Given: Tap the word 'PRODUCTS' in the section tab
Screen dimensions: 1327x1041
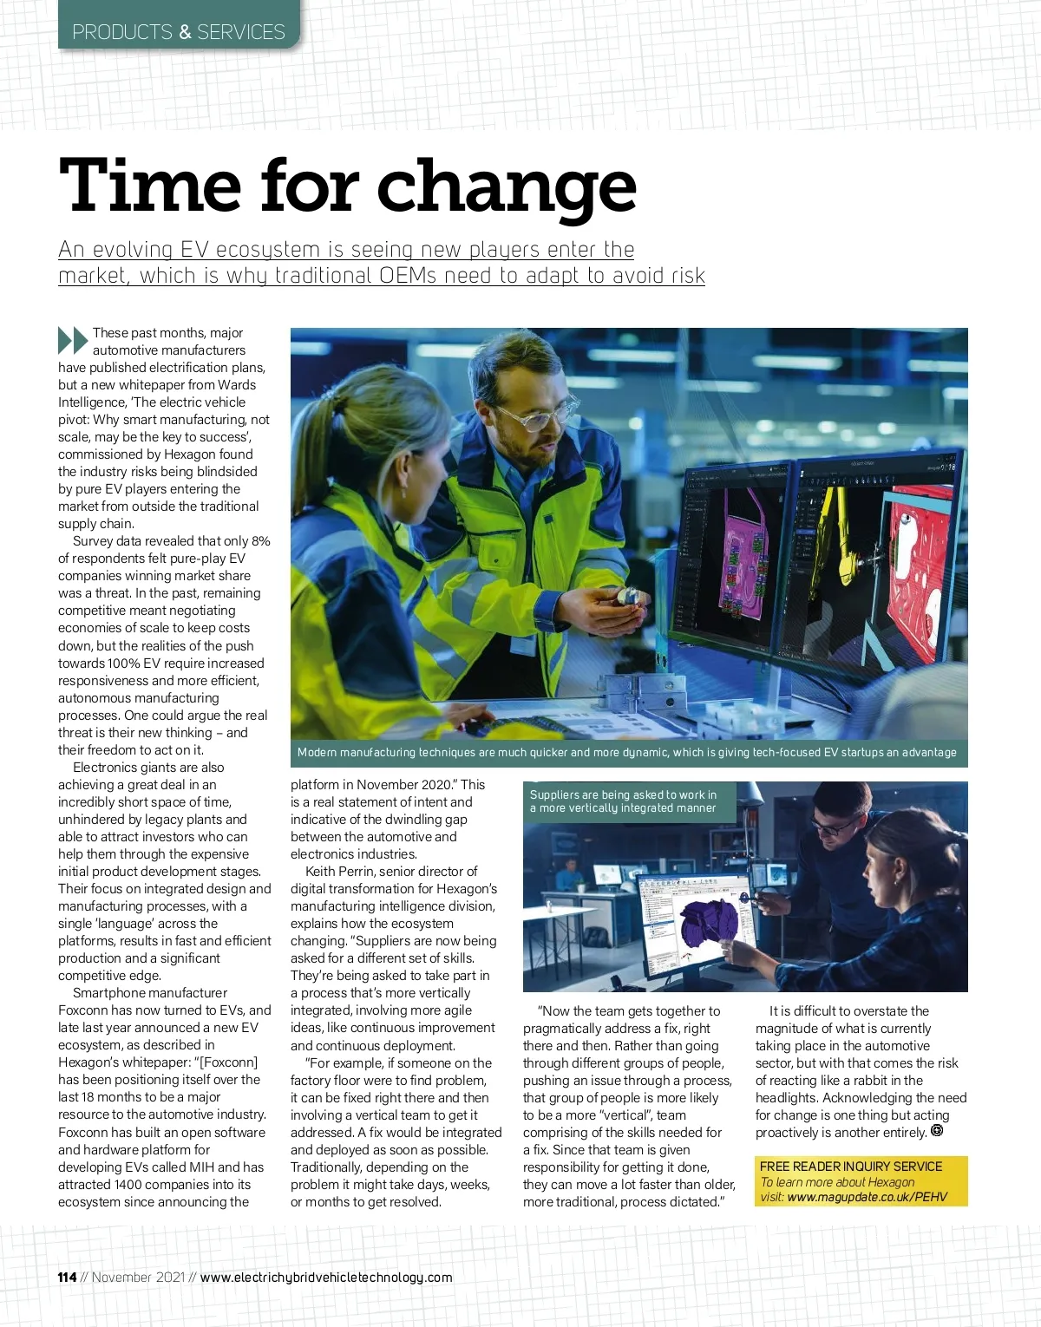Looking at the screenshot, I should tap(122, 32).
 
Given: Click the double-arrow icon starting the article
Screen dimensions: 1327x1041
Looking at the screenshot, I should tap(73, 340).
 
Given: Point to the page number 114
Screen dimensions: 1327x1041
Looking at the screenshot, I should tap(67, 1277).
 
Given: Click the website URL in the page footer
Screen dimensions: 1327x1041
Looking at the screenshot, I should tap(326, 1277).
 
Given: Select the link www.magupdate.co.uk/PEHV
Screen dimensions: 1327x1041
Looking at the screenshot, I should tap(867, 1197).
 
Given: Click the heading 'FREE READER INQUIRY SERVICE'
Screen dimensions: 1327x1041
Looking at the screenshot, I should tap(850, 1166).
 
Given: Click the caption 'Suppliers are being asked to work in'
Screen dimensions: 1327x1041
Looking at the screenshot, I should tap(623, 794).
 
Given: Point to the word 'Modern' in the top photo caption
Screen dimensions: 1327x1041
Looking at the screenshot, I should tap(317, 752).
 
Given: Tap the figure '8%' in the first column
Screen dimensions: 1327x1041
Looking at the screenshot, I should tap(260, 540).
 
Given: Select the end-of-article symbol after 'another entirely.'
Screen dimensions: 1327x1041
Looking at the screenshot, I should tap(937, 1130).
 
